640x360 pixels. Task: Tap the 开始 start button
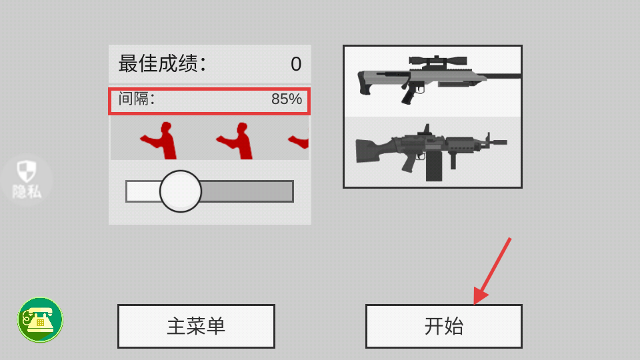pyautogui.click(x=444, y=326)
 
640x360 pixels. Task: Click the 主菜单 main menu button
pyautogui.click(x=196, y=326)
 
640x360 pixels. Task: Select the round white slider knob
pyautogui.click(x=181, y=191)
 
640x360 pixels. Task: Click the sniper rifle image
pyautogui.click(x=439, y=79)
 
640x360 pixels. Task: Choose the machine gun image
pyautogui.click(x=431, y=153)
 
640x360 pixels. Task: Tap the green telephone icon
pyautogui.click(x=40, y=319)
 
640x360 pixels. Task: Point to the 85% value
pyautogui.click(x=287, y=99)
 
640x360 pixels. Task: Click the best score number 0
pyautogui.click(x=296, y=64)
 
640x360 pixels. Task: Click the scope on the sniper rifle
pyautogui.click(x=438, y=61)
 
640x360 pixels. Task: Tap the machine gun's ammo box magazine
pyautogui.click(x=434, y=166)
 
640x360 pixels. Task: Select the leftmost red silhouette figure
pyautogui.click(x=159, y=141)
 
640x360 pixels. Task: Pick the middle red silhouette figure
pyautogui.click(x=235, y=141)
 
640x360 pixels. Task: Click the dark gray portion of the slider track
pyautogui.click(x=247, y=191)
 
